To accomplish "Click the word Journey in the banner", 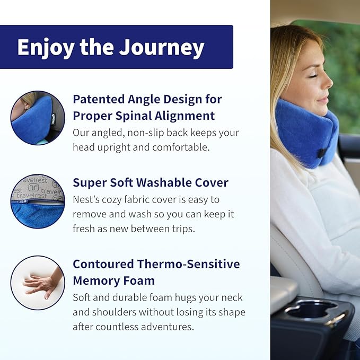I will tap(162, 48).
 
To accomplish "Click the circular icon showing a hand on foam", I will tap(38, 283).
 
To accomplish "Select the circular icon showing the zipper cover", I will tap(38, 201).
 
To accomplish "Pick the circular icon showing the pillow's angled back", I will tap(38, 118).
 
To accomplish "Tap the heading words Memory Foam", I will tap(113, 280).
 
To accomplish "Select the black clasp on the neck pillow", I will tap(321, 152).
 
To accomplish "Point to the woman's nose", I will tap(328, 85).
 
